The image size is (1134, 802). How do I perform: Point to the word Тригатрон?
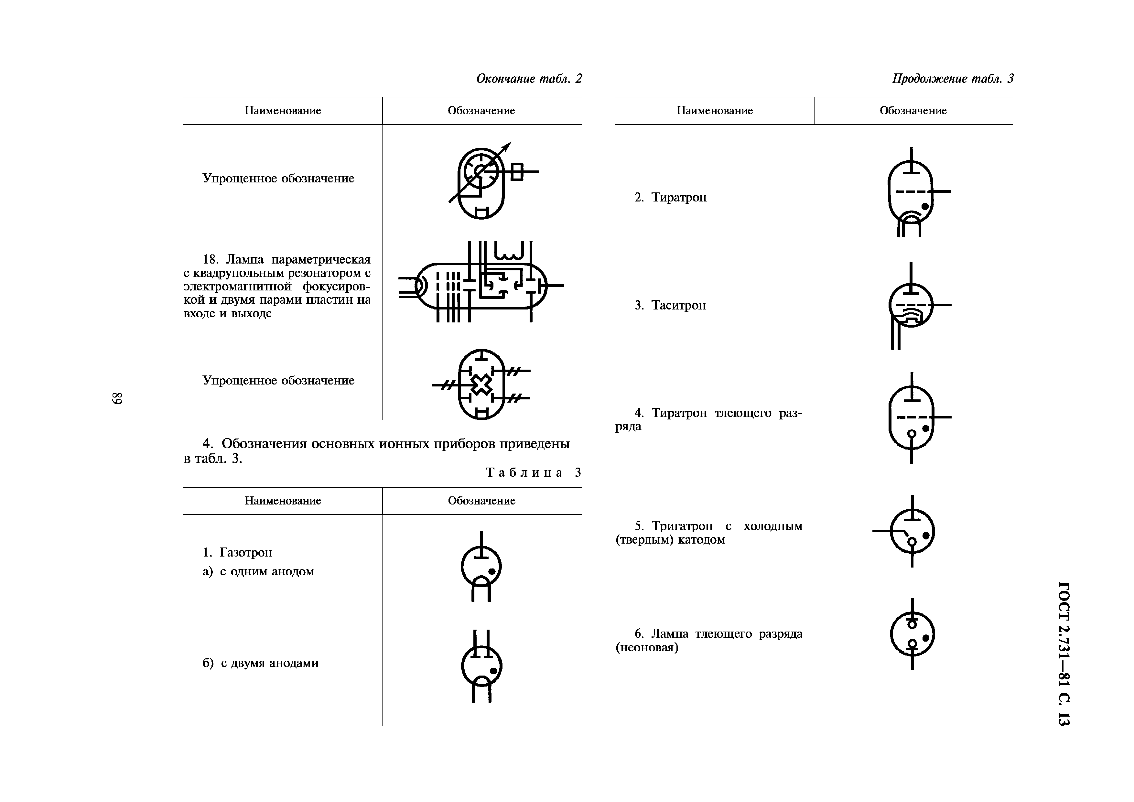tap(682, 526)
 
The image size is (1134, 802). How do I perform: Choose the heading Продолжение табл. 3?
tap(953, 79)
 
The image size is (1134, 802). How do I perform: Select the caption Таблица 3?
tap(534, 472)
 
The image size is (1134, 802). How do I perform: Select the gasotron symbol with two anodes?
tap(481, 667)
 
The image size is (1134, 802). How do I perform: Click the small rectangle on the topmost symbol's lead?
tap(517, 172)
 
